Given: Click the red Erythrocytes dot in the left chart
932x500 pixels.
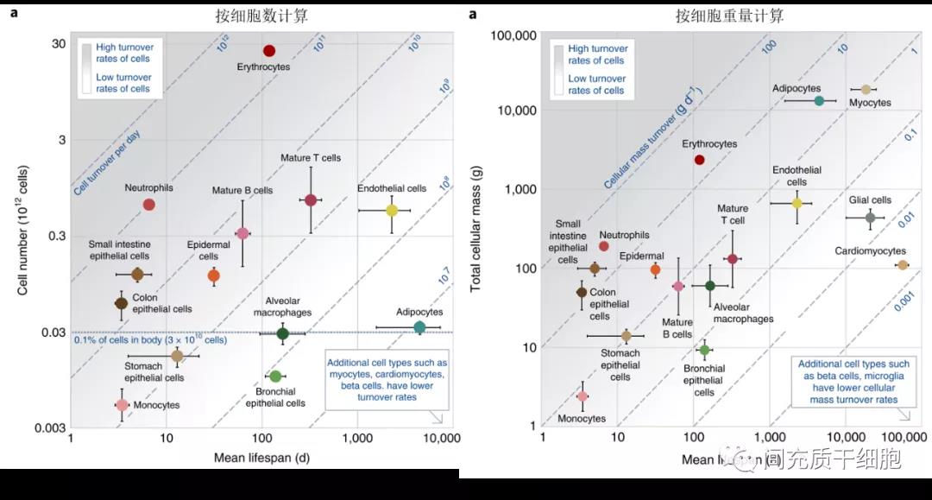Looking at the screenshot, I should (x=269, y=51).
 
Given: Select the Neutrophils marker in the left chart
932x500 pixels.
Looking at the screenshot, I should (x=148, y=205).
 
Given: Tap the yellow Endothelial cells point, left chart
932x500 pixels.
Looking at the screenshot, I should (x=392, y=210).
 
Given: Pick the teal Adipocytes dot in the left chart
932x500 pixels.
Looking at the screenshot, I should (x=419, y=327).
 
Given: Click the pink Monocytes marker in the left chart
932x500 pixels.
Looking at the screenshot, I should (x=122, y=404).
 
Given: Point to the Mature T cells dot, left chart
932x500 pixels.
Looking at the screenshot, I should (x=311, y=200).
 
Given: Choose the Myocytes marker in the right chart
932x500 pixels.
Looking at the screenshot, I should (x=866, y=90).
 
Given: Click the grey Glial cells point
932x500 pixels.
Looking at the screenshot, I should (x=870, y=218).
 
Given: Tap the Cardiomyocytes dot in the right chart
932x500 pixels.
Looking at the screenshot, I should (x=903, y=265).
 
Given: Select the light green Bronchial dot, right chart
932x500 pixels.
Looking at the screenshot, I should (x=704, y=350).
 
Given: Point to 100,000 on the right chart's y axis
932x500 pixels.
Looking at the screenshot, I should (x=513, y=35).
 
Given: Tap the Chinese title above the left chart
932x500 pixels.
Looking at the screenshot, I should (x=262, y=16).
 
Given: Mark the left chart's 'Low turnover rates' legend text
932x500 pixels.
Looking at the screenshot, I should (x=123, y=83).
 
